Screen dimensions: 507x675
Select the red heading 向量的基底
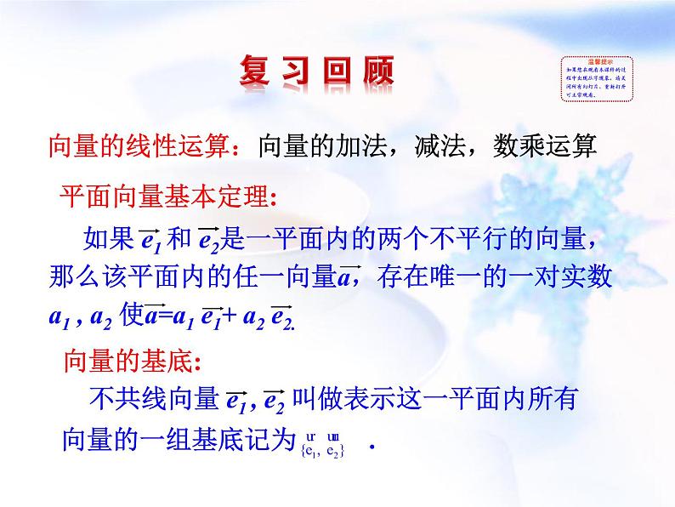128,361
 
